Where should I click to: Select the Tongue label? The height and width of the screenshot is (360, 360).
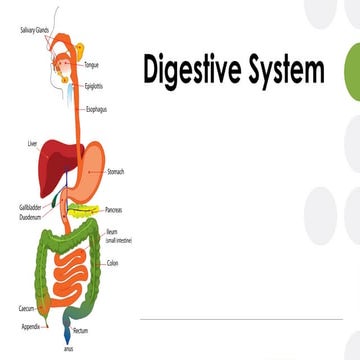pyautogui.click(x=91, y=65)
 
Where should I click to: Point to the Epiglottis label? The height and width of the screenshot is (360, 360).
pyautogui.click(x=95, y=86)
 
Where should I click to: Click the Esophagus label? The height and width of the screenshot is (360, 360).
pyautogui.click(x=97, y=108)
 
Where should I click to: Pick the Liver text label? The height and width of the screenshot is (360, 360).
pyautogui.click(x=32, y=145)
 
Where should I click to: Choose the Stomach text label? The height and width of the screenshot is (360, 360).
pyautogui.click(x=115, y=172)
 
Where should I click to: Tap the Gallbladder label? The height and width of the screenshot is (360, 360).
pyautogui.click(x=29, y=207)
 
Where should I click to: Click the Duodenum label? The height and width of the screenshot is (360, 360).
pyautogui.click(x=29, y=215)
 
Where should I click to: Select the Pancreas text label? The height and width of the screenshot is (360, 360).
pyautogui.click(x=117, y=211)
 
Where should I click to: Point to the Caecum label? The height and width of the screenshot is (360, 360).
pyautogui.click(x=27, y=309)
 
